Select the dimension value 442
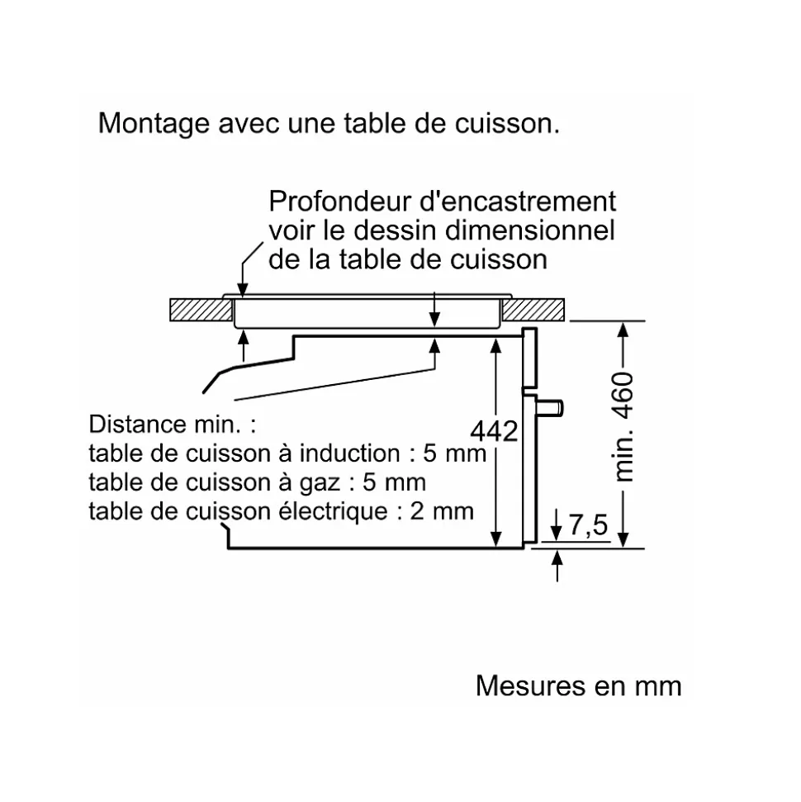point(494,430)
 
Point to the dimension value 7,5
point(587,524)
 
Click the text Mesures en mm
point(578,686)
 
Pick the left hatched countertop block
point(198,310)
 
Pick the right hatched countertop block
point(534,310)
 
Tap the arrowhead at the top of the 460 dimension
point(624,327)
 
